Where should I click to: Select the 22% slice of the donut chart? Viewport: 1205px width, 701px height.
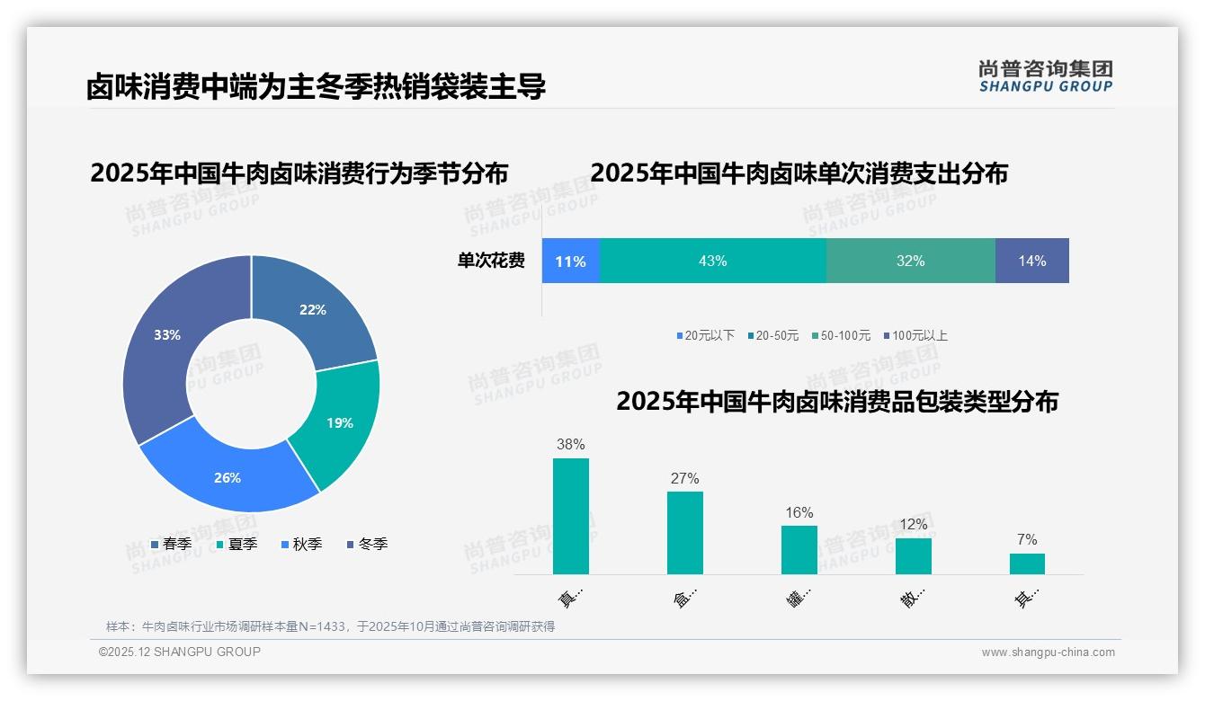[x=315, y=310]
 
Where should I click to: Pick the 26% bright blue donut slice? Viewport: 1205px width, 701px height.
[x=229, y=476]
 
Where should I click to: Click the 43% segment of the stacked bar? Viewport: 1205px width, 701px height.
[x=712, y=261]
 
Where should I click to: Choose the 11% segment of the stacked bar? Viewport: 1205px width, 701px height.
[x=570, y=261]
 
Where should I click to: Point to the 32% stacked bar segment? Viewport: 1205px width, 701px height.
[x=910, y=261]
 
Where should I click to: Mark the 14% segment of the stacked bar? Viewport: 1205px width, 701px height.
[x=1031, y=261]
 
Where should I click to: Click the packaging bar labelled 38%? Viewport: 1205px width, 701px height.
[x=571, y=516]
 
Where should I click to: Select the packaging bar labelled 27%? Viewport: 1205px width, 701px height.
[x=685, y=532]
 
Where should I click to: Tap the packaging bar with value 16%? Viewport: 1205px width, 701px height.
[x=799, y=549]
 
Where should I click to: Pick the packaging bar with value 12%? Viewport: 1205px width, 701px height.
[x=913, y=555]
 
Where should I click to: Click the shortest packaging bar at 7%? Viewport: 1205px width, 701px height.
[x=1027, y=563]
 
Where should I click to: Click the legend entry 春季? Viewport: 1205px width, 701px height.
[x=171, y=544]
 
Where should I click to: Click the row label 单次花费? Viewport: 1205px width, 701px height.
[x=491, y=261]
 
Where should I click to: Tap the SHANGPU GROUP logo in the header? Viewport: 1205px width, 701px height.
[x=1045, y=76]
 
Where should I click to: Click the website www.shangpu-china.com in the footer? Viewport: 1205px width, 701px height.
[x=1048, y=652]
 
